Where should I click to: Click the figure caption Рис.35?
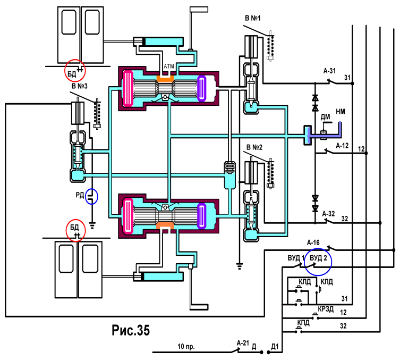pos(131,330)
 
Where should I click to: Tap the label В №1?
pos(252,18)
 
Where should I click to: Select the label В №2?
pos(254,147)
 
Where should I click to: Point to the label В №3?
pos(79,86)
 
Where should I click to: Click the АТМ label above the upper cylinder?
pos(169,66)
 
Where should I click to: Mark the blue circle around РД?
pos(91,196)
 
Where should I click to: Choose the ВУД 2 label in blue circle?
pos(318,258)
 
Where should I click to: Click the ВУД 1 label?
pos(296,258)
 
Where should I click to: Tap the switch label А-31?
pos(329,71)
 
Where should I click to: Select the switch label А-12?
pos(342,146)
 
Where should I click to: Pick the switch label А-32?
pos(328,214)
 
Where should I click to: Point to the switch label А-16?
pos(313,242)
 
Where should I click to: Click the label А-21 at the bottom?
pos(243,343)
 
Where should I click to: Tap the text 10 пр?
pos(186,347)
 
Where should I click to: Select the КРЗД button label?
pos(326,309)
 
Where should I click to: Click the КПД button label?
pos(303,323)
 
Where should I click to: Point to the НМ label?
pos(341,112)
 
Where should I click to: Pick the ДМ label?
pos(325,117)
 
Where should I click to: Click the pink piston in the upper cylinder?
pos(128,88)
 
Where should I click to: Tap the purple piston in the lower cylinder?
pos(202,216)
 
